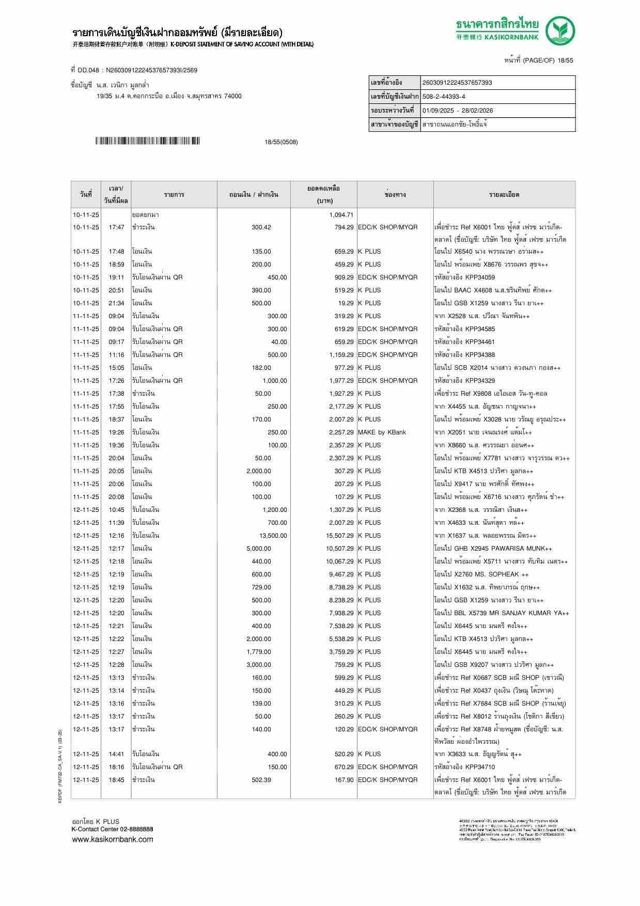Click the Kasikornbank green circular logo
click(561, 30)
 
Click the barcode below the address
click(147, 141)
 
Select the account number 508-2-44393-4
click(444, 97)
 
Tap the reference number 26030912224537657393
click(457, 83)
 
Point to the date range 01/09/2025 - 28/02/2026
click(458, 111)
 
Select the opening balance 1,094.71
click(341, 214)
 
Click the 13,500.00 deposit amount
click(273, 536)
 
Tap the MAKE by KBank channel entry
click(382, 432)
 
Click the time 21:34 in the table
click(116, 303)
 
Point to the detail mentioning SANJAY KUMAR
click(501, 613)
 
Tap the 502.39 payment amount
click(261, 780)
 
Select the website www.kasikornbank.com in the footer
click(112, 839)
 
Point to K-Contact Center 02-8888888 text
click(112, 829)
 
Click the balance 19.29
click(346, 303)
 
